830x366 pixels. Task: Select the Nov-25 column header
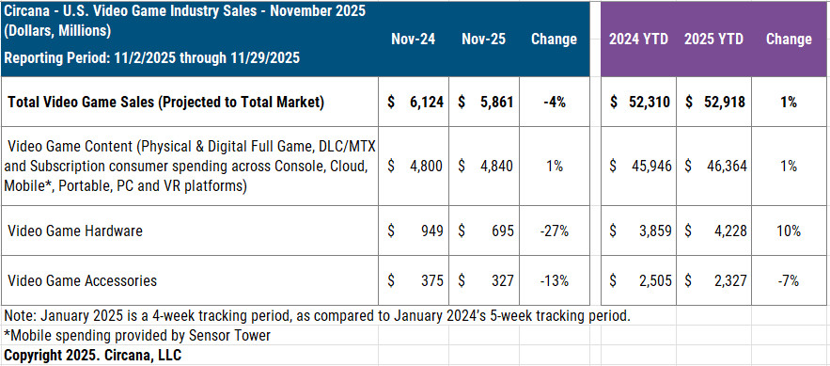(x=486, y=40)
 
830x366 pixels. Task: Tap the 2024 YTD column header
(x=638, y=40)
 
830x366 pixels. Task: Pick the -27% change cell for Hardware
(x=554, y=230)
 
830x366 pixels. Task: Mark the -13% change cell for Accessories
(x=554, y=280)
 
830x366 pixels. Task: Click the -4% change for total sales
(x=554, y=103)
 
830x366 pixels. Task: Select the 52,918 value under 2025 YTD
(x=723, y=103)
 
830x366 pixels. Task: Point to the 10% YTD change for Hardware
(x=788, y=230)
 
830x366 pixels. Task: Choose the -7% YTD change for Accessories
(x=788, y=280)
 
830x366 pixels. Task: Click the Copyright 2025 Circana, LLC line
(x=92, y=355)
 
